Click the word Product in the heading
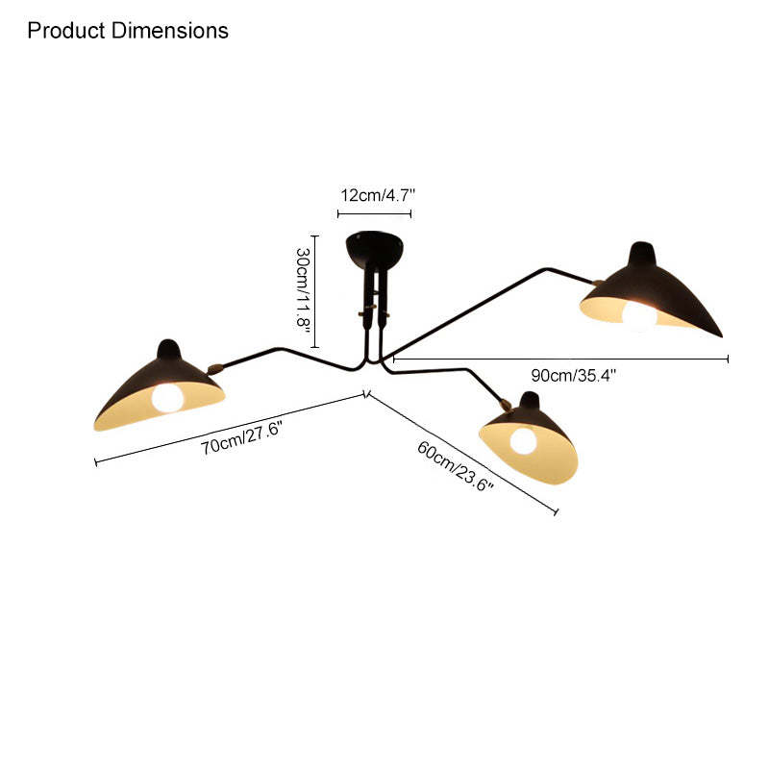[66, 31]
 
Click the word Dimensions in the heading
[170, 31]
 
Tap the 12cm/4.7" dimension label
[378, 195]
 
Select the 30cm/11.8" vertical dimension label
[303, 290]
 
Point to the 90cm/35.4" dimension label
[573, 376]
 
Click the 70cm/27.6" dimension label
[241, 438]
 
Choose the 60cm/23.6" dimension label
[455, 465]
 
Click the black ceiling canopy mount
[374, 249]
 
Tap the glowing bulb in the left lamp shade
[167, 398]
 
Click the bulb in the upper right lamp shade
[639, 316]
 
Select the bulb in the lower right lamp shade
[523, 441]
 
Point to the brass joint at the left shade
[214, 368]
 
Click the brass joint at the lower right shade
[506, 405]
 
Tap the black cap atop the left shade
[169, 349]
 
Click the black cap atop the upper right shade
[642, 253]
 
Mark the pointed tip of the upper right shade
[722, 335]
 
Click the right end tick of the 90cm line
[728, 359]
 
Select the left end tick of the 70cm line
[95, 462]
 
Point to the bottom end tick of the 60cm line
[557, 512]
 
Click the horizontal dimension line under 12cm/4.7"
[374, 213]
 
